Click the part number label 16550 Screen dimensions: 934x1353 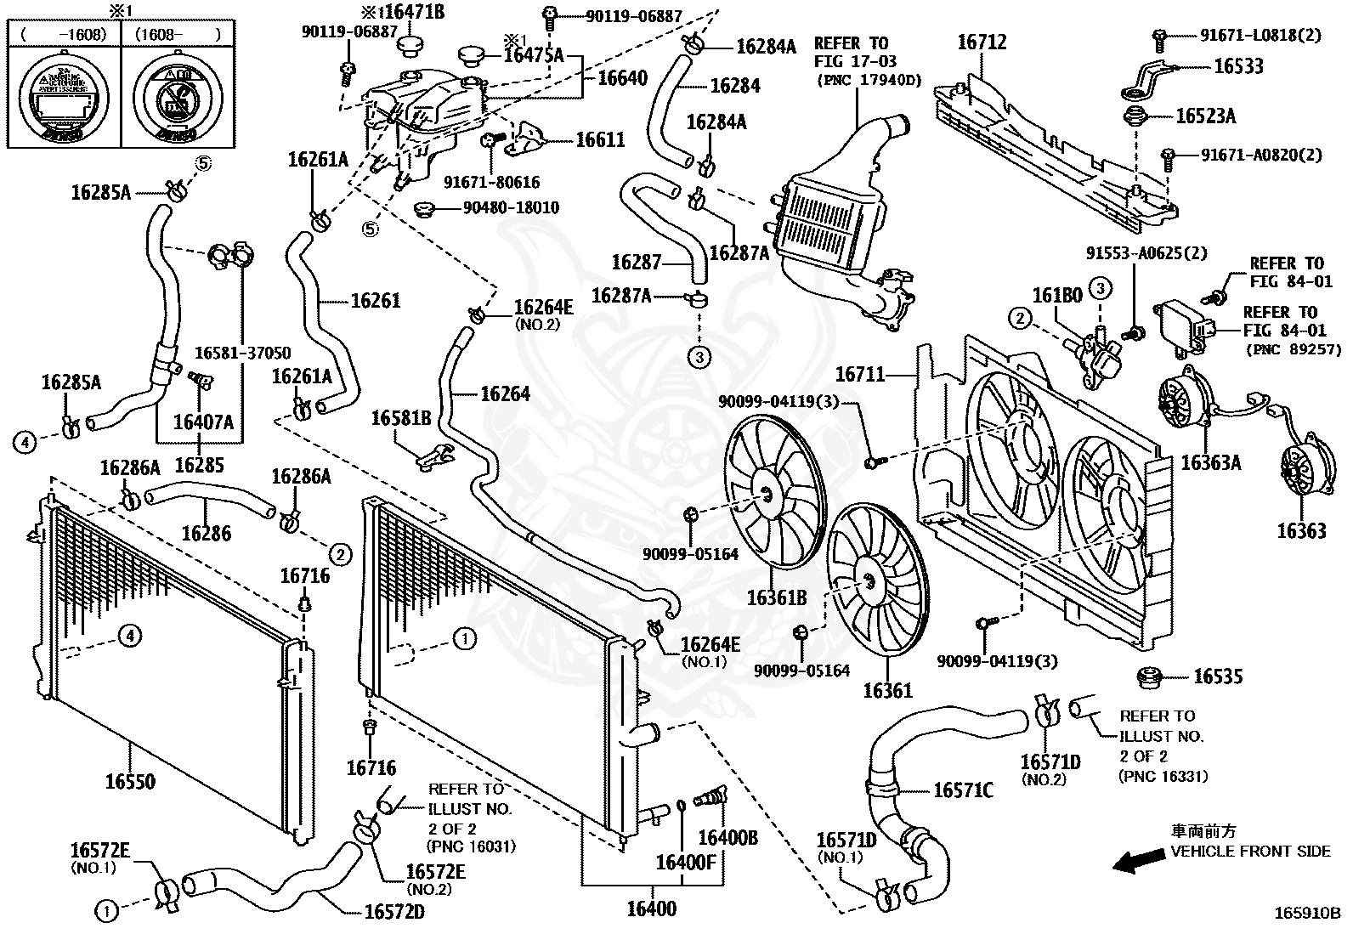point(130,781)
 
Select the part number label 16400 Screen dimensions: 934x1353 point(652,909)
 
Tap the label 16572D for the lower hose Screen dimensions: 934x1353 point(394,912)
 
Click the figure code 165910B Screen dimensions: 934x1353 point(1306,914)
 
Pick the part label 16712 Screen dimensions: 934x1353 point(982,42)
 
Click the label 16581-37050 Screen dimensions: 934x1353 point(242,353)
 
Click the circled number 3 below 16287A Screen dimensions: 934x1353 point(699,357)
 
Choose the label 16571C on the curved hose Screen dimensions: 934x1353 point(963,790)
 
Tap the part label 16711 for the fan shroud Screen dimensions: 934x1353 point(860,374)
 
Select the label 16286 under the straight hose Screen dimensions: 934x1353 point(207,534)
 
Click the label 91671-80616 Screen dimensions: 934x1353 point(492,183)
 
